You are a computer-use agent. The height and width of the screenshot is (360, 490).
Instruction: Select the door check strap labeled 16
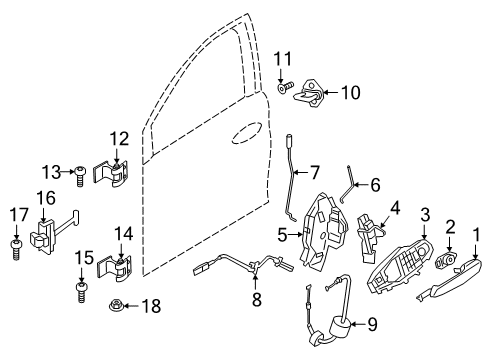pyautogui.click(x=118, y=333)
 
